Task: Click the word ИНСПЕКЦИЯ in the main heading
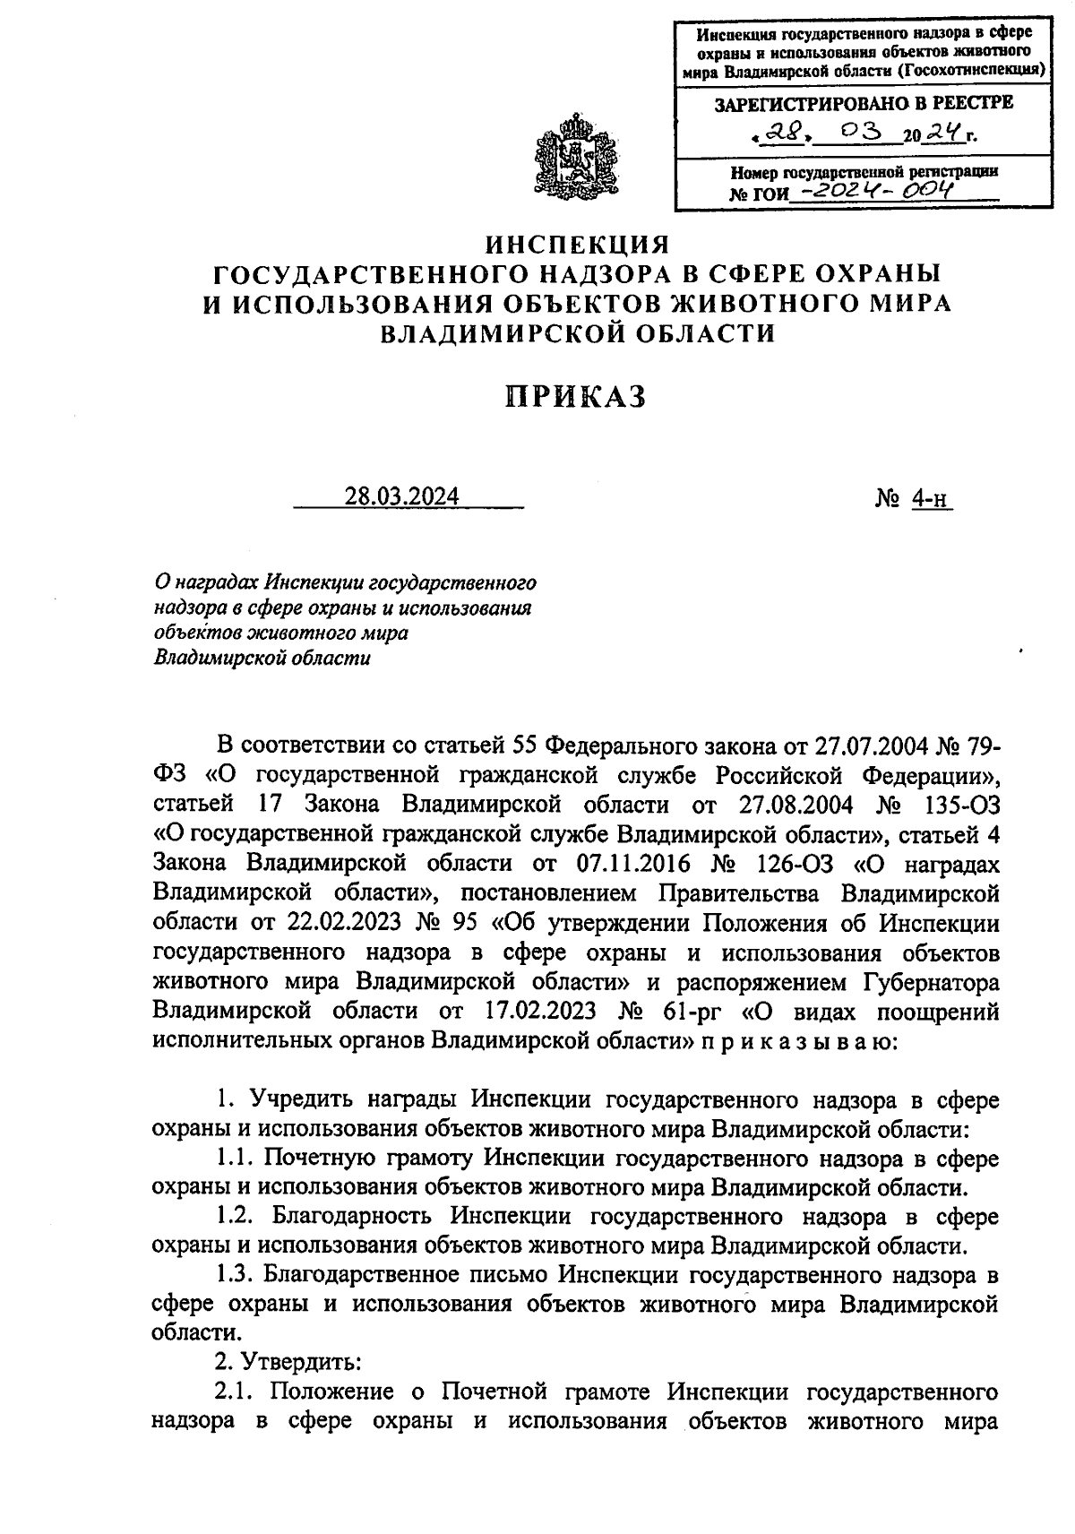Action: pos(577,244)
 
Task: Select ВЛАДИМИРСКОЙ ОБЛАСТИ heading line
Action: pos(577,333)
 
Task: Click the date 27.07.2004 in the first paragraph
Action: pos(870,745)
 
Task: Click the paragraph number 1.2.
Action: pos(236,1217)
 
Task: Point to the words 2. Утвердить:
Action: pos(288,1362)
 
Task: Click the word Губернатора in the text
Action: pos(931,982)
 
